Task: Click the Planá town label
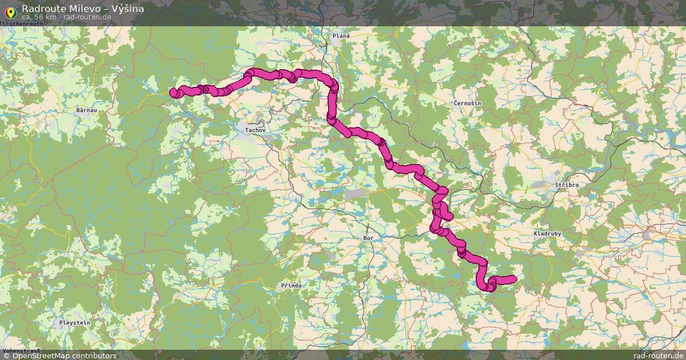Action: pyautogui.click(x=341, y=35)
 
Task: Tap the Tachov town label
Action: pyautogui.click(x=255, y=130)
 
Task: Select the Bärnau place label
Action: pyautogui.click(x=87, y=109)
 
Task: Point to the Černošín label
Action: pyautogui.click(x=467, y=103)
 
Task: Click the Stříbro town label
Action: pyautogui.click(x=567, y=186)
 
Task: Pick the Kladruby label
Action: pyautogui.click(x=548, y=234)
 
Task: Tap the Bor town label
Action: pyautogui.click(x=369, y=237)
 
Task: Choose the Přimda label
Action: pyautogui.click(x=291, y=285)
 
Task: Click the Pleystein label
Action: pyautogui.click(x=75, y=323)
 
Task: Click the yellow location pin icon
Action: pyautogui.click(x=10, y=11)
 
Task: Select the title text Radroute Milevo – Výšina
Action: pyautogui.click(x=83, y=9)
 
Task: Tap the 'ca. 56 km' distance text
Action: pyautogui.click(x=39, y=17)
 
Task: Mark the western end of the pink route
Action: pyautogui.click(x=174, y=92)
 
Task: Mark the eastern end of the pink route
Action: pyautogui.click(x=513, y=279)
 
